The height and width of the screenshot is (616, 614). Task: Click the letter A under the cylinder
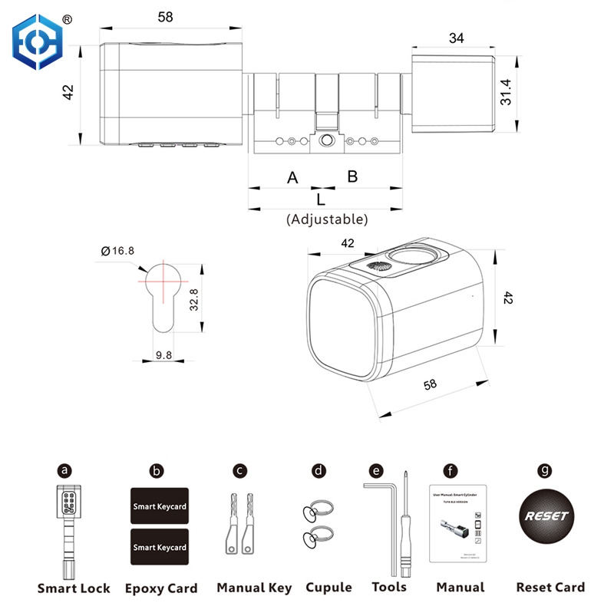pyautogui.click(x=292, y=178)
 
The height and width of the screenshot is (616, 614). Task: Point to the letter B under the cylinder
pyautogui.click(x=352, y=176)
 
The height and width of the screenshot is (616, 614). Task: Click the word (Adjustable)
pyautogui.click(x=327, y=219)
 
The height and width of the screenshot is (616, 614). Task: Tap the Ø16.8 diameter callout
pyautogui.click(x=117, y=250)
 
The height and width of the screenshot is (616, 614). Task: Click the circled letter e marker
pyautogui.click(x=375, y=469)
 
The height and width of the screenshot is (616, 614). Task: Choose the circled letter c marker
pyautogui.click(x=240, y=469)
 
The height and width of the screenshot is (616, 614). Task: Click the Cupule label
pyautogui.click(x=328, y=588)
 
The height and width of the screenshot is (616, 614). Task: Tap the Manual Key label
pyautogui.click(x=254, y=588)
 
